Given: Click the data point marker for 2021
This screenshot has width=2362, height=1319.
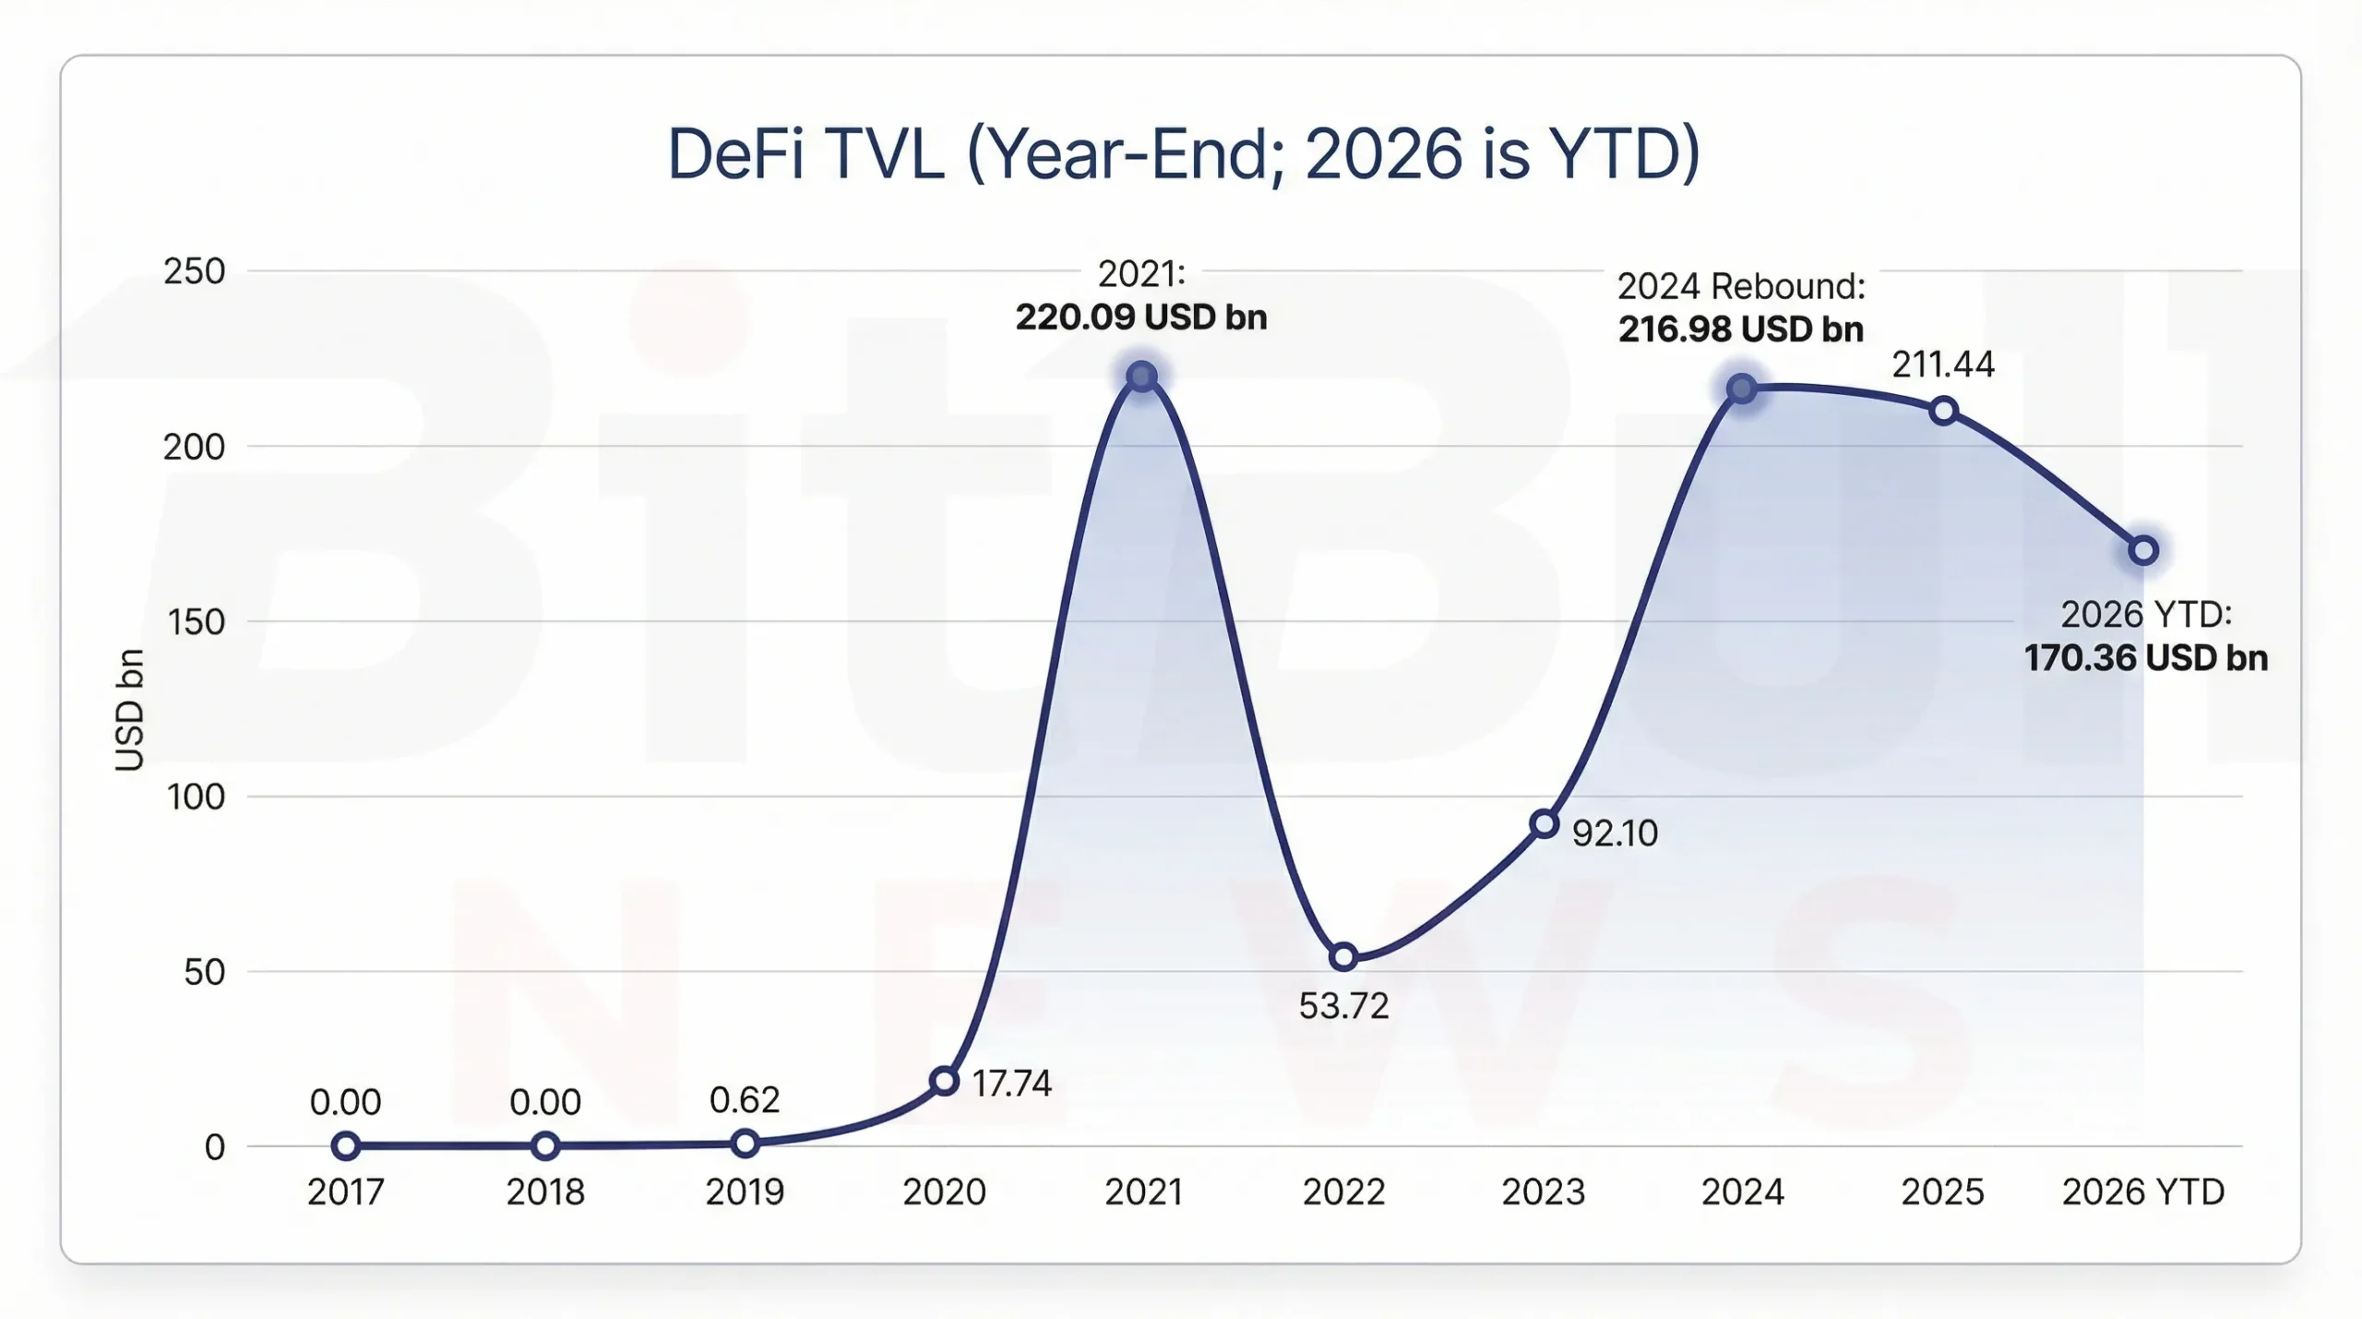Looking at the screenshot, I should pyautogui.click(x=1142, y=377).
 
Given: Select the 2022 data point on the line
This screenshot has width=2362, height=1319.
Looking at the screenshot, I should pyautogui.click(x=1343, y=957).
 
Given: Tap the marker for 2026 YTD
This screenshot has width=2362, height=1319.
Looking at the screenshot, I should pyautogui.click(x=2143, y=551).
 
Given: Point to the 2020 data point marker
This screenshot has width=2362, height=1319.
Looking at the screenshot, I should pyautogui.click(x=944, y=1081).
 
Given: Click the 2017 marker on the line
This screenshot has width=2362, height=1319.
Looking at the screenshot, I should pyautogui.click(x=345, y=1146).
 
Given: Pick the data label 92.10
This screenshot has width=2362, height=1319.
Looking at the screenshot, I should pyautogui.click(x=1615, y=833).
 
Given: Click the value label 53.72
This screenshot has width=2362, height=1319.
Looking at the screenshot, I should pyautogui.click(x=1343, y=1006).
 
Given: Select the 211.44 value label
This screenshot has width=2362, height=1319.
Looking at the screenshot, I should pyautogui.click(x=1943, y=365).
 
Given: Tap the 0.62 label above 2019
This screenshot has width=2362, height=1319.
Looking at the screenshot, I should pyautogui.click(x=745, y=1100).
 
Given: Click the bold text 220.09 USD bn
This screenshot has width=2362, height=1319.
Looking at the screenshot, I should pyautogui.click(x=1141, y=318).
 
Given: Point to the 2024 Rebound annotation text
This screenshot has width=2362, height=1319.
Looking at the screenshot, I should pyautogui.click(x=1741, y=286).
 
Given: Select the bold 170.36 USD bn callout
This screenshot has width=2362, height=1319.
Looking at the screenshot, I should pyautogui.click(x=2145, y=658).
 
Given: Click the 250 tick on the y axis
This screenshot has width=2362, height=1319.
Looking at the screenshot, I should pyautogui.click(x=194, y=271).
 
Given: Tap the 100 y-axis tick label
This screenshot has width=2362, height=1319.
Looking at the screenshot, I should pyautogui.click(x=196, y=797).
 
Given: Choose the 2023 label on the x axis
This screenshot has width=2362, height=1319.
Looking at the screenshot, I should pyautogui.click(x=1543, y=1193).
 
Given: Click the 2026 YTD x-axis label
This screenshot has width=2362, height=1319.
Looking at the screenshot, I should pyautogui.click(x=2142, y=1193).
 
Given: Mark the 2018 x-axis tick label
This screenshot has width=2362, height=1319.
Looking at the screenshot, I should pyautogui.click(x=544, y=1193).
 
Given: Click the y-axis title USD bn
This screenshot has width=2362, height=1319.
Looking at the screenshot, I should pyautogui.click(x=130, y=709).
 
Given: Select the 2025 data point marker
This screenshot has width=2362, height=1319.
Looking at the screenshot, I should pyautogui.click(x=1943, y=411).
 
